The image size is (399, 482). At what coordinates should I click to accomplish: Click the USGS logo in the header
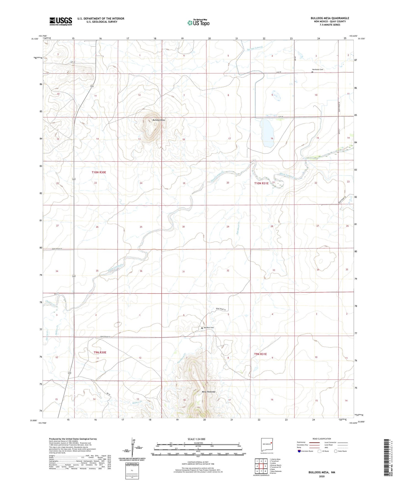click(x=61, y=21)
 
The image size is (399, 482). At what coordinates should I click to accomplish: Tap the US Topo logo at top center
click(x=198, y=23)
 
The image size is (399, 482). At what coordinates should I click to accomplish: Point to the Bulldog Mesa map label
click(x=159, y=120)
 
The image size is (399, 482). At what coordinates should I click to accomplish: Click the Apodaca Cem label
click(x=209, y=328)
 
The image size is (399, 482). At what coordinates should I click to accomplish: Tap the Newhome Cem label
click(x=318, y=70)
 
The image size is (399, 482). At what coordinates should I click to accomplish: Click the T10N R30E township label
click(x=99, y=172)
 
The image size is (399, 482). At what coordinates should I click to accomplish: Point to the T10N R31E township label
click(x=261, y=183)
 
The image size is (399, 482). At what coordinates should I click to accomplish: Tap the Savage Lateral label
click(x=255, y=48)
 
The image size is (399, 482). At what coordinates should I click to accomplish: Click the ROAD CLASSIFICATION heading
click(x=322, y=439)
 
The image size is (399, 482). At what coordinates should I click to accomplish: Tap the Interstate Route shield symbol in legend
click(x=299, y=451)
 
